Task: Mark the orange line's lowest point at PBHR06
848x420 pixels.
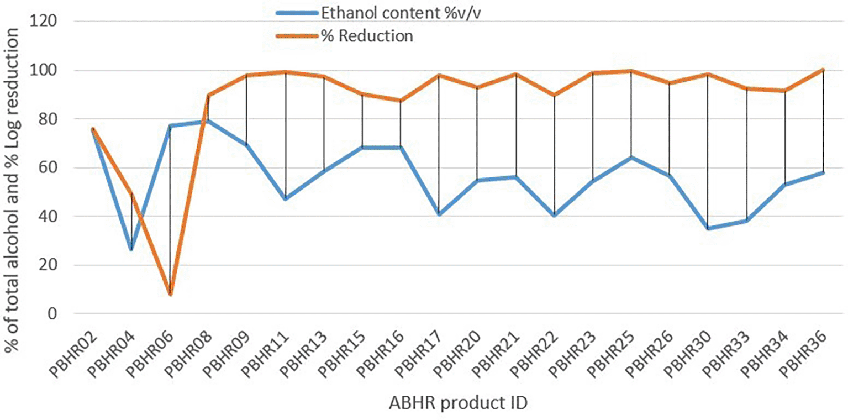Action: [170, 294]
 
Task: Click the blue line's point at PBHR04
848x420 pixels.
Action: [131, 250]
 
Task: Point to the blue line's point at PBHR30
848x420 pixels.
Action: [708, 228]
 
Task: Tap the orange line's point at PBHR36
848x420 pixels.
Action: [823, 70]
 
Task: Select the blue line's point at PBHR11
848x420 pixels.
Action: [286, 199]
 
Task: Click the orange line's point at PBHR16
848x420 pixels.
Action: [401, 101]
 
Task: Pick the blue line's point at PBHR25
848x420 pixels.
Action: [631, 158]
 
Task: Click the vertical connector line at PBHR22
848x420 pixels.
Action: [555, 155]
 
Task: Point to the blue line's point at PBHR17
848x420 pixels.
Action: [439, 214]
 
